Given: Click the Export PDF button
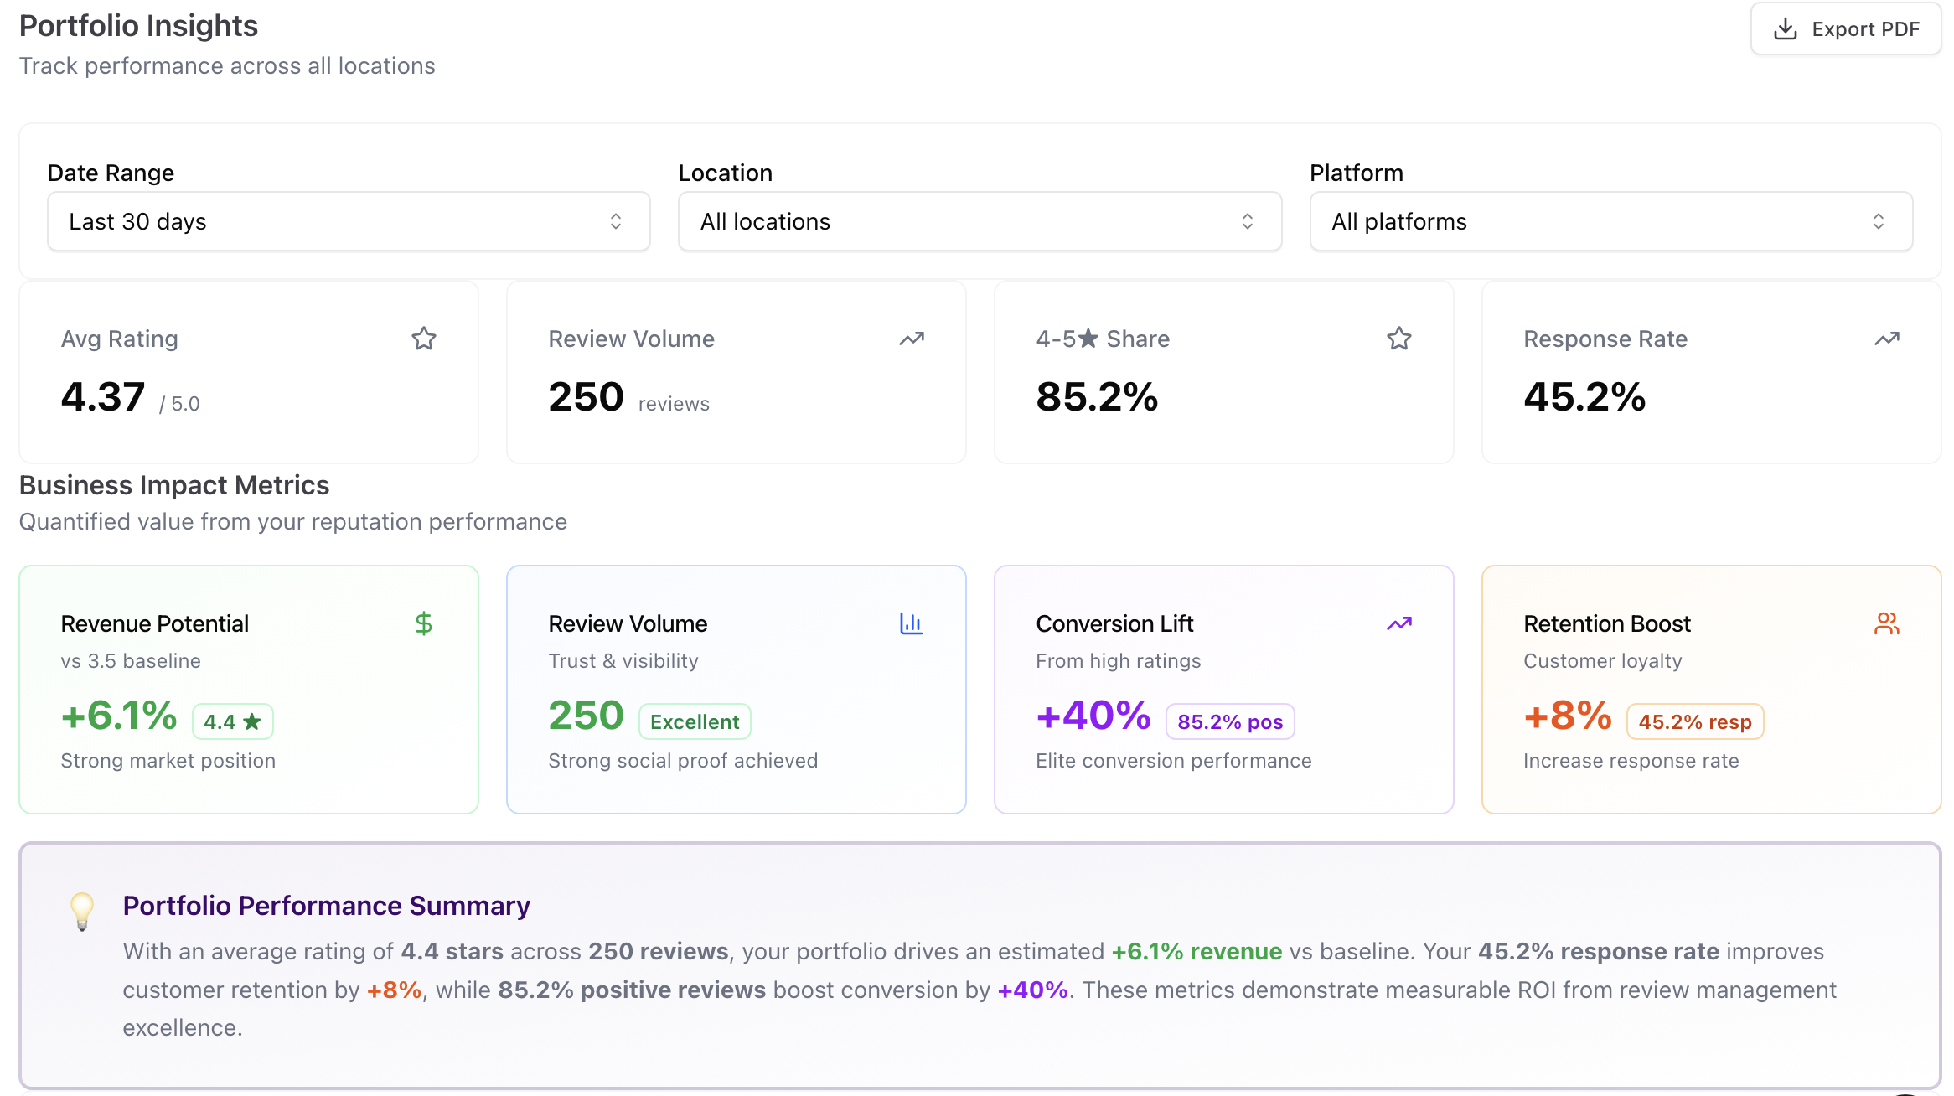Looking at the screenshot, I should click(1845, 29).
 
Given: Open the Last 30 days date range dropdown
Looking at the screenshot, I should click(349, 221).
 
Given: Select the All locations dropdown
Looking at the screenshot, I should click(980, 221).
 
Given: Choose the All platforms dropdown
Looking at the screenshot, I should click(1610, 221).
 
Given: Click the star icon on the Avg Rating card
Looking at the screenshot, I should click(424, 339).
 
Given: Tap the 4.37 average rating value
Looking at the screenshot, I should click(103, 397).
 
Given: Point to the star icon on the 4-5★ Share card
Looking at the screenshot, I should click(1398, 339).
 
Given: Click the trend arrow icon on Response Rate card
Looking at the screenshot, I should click(1886, 339).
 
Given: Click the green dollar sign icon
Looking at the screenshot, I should click(424, 623).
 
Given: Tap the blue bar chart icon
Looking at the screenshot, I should click(911, 623).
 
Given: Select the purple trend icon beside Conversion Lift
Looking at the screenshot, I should click(1398, 623).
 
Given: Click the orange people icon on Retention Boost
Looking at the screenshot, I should click(1886, 623).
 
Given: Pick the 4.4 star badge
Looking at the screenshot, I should click(233, 721).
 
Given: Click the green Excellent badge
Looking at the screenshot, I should click(695, 721).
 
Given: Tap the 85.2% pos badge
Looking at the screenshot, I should click(1230, 721).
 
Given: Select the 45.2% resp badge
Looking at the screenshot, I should click(1695, 721).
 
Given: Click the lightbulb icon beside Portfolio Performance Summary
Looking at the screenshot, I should click(82, 911).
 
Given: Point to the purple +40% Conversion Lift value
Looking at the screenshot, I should click(1093, 716).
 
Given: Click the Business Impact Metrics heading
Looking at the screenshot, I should click(174, 485).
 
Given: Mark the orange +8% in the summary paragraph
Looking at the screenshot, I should click(394, 990).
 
